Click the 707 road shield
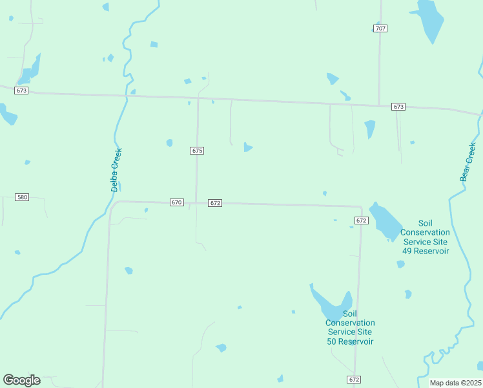coord(380,28)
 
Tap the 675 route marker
coord(198,151)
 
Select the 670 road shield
coord(177,202)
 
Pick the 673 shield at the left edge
coord(21,91)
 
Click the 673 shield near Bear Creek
coord(398,107)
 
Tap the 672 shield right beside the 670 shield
coord(216,203)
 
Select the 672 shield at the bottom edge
coord(353,379)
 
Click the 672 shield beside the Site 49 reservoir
coord(362,221)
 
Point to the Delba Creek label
coord(116,170)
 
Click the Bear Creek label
coord(468,162)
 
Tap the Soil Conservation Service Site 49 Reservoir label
coord(424,237)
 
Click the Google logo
coord(21,380)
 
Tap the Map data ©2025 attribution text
coord(455,383)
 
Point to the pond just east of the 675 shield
coord(247,147)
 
